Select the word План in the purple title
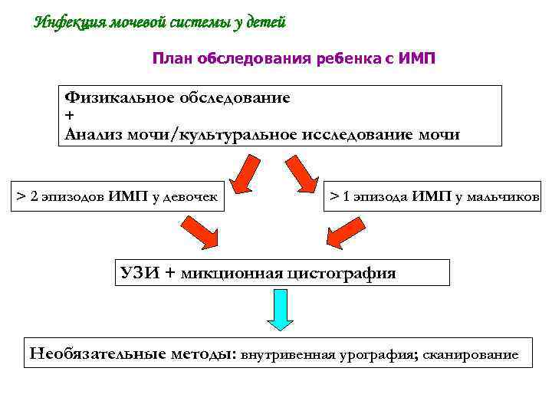point(172,58)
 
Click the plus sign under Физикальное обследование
point(71,115)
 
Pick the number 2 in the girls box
point(34,197)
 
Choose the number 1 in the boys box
point(347,196)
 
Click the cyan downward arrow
point(281,311)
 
